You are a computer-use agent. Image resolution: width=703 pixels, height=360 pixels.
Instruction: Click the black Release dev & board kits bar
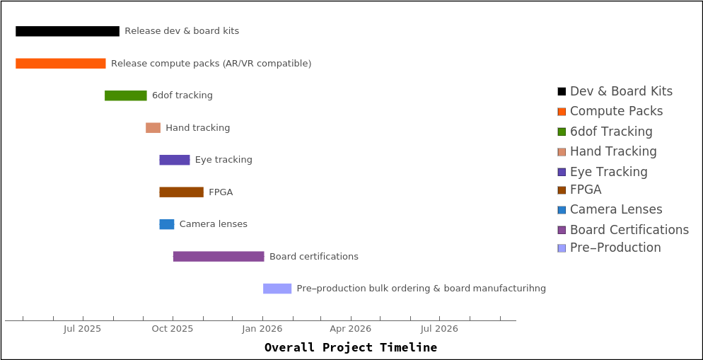tap(67, 31)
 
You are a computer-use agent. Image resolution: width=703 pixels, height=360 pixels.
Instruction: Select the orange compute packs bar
tap(61, 64)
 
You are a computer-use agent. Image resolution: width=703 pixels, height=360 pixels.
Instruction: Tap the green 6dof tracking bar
tap(126, 95)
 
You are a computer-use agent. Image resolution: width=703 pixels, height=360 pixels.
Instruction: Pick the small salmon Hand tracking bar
tap(153, 128)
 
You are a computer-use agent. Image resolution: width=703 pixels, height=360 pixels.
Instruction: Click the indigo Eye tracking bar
tap(175, 160)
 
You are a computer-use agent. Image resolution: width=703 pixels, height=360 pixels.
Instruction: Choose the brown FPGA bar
tap(181, 192)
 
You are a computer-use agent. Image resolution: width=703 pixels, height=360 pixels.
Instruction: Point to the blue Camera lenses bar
tap(167, 224)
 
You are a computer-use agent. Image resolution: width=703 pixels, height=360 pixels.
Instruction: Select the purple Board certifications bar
tap(219, 257)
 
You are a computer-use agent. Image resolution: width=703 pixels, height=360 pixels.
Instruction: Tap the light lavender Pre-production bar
tap(277, 289)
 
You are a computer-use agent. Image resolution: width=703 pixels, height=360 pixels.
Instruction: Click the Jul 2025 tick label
tap(83, 329)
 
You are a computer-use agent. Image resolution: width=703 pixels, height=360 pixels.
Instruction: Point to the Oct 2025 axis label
tap(173, 329)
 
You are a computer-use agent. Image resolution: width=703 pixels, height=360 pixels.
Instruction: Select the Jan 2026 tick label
tap(262, 329)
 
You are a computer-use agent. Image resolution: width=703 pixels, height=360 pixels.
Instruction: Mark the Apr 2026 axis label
tap(351, 329)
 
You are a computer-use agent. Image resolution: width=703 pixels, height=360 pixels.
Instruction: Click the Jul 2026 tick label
tap(439, 329)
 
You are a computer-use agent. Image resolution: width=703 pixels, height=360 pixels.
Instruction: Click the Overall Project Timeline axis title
tap(351, 347)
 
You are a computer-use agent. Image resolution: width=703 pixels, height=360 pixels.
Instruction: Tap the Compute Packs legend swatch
tap(562, 112)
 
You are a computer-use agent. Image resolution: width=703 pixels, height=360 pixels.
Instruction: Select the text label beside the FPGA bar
tap(221, 192)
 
